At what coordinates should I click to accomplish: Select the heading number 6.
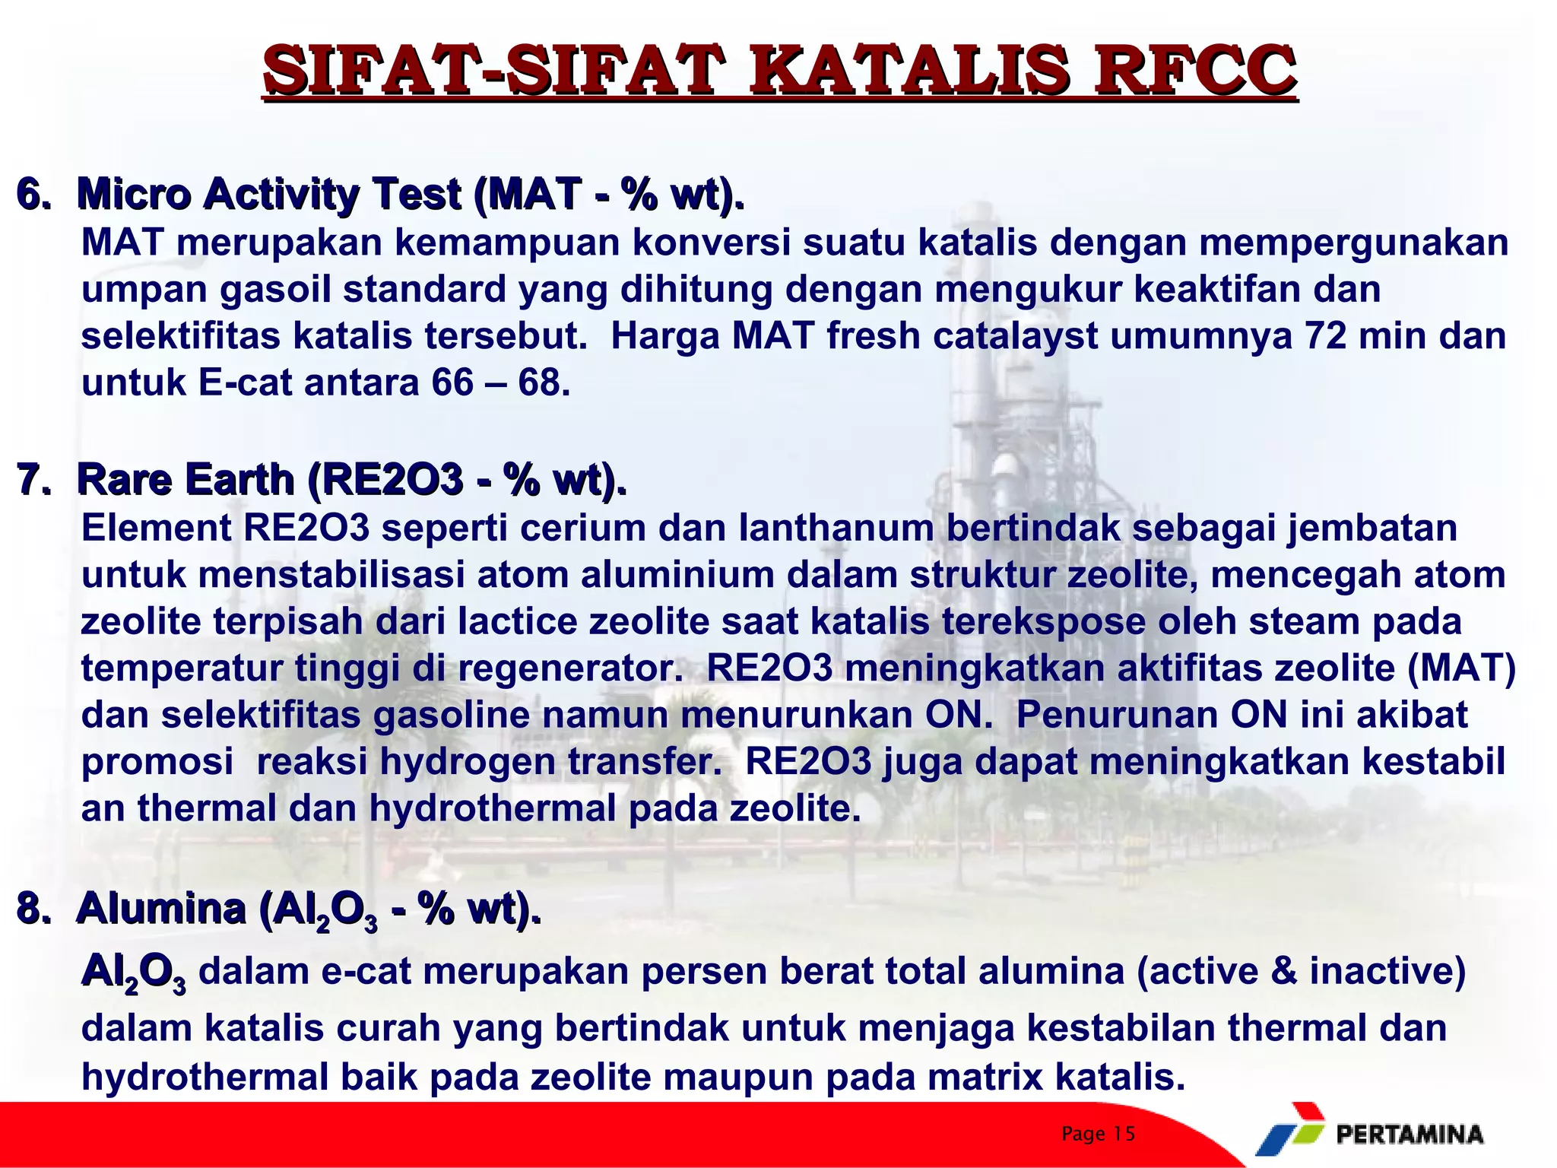[x=33, y=194]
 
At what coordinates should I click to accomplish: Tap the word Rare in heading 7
[x=126, y=480]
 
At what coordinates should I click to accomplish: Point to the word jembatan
[x=1371, y=528]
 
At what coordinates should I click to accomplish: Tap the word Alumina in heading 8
[x=160, y=908]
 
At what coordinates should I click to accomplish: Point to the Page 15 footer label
[x=1098, y=1134]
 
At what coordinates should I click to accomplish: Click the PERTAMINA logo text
[x=1409, y=1135]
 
